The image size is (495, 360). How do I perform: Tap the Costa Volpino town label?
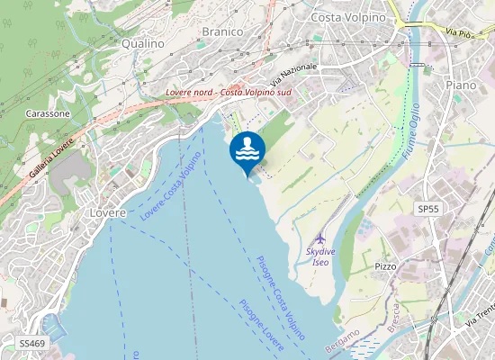coord(347,17)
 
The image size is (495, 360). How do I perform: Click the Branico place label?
coord(222,31)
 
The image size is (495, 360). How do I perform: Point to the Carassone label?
coord(48,114)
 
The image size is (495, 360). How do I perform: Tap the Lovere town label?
coord(108,213)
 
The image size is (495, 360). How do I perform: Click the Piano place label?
coord(461,84)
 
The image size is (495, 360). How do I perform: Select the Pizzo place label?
coord(386,267)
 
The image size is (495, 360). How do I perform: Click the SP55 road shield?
coord(427,209)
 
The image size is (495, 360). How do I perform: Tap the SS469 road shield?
coord(32,344)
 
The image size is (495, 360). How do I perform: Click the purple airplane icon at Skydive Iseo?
coord(320,239)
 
